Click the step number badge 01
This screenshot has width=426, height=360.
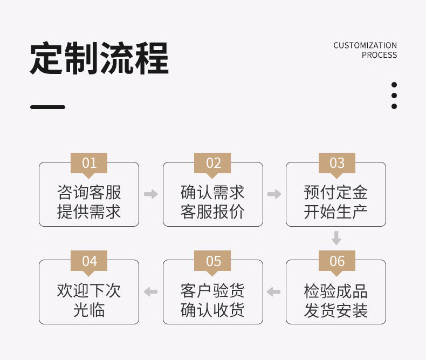[x=89, y=163]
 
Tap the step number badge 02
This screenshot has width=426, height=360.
[x=214, y=163]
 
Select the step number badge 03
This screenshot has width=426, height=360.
[x=336, y=163]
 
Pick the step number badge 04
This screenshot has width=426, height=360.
[x=89, y=261]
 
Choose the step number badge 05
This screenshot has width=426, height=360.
[x=214, y=261]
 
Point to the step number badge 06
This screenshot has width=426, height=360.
[x=336, y=261]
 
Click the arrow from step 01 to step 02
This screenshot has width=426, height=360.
[x=151, y=194]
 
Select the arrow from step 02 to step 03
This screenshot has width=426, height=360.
[x=274, y=194]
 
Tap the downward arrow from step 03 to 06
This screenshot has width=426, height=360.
[x=336, y=238]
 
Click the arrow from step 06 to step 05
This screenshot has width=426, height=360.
[x=274, y=292]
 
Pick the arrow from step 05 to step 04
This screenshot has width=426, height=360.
[x=151, y=292]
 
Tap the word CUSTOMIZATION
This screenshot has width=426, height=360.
[x=365, y=45]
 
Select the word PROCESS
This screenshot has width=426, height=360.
[x=379, y=55]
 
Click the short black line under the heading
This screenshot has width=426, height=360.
[x=47, y=107]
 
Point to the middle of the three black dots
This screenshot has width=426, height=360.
[x=394, y=96]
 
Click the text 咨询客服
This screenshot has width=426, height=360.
[x=89, y=192]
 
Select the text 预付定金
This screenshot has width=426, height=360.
[x=336, y=192]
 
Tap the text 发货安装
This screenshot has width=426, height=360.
[x=336, y=311]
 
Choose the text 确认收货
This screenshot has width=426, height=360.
[x=212, y=310]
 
